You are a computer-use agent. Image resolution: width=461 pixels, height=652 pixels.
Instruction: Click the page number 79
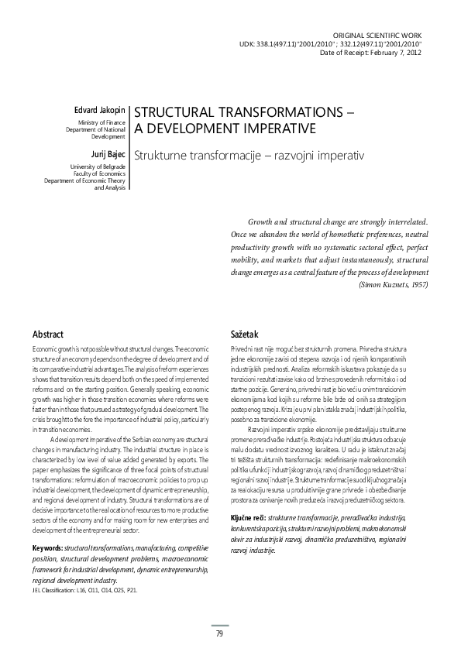(219, 634)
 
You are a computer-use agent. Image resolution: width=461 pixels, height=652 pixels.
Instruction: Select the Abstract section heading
(48, 335)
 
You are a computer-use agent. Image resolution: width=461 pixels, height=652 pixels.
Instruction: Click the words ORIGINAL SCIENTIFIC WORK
(386, 36)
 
